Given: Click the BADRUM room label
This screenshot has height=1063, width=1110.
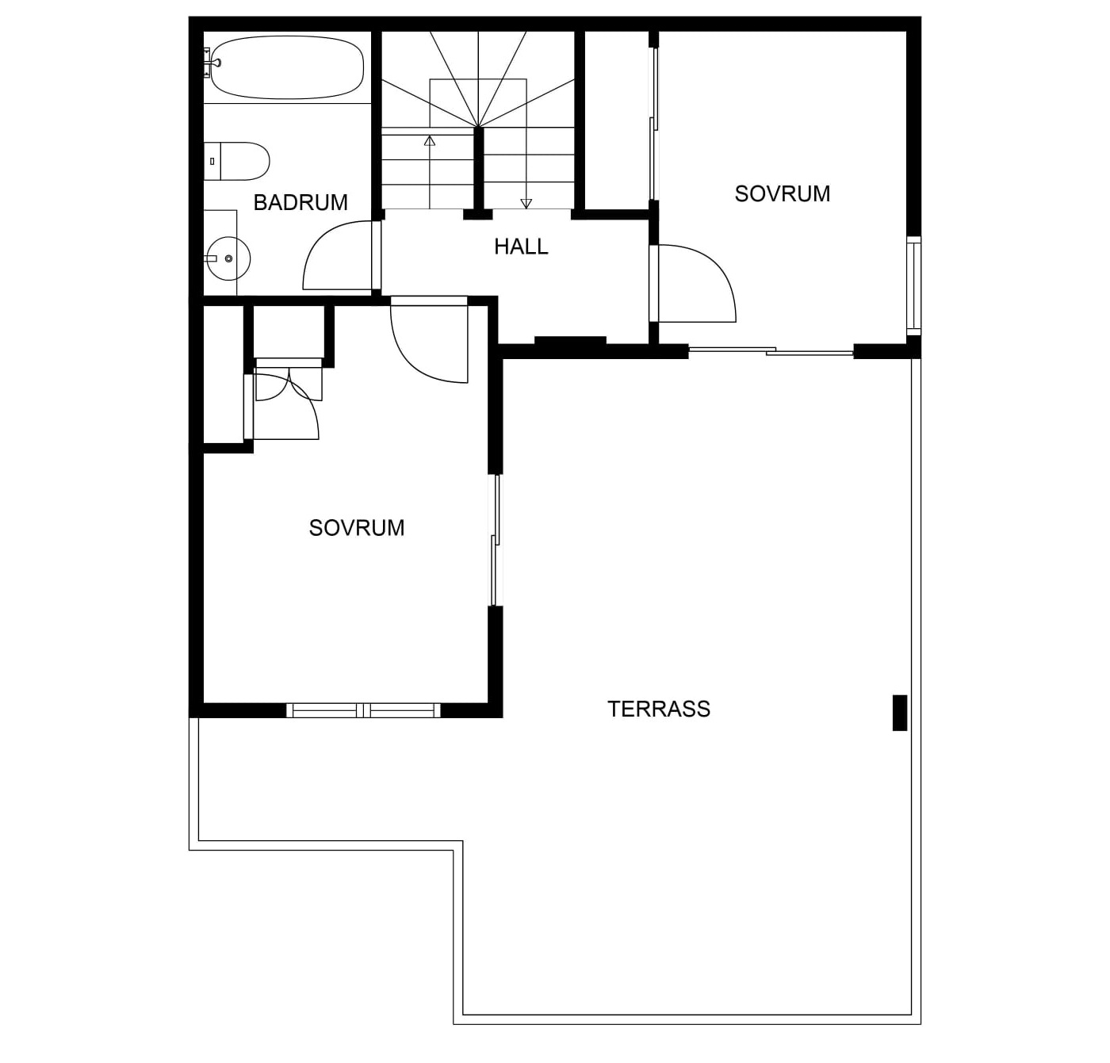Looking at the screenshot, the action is (x=300, y=202).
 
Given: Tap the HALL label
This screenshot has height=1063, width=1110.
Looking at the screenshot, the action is (x=521, y=247).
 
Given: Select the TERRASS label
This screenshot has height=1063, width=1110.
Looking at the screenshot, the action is (x=659, y=709).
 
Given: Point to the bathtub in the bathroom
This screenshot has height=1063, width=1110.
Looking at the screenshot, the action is (x=288, y=67).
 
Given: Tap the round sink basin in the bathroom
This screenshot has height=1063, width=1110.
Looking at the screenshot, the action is (x=228, y=258).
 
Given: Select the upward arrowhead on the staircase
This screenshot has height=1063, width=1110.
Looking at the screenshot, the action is (x=430, y=140).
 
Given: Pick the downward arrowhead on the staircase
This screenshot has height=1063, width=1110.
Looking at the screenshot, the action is (x=526, y=203).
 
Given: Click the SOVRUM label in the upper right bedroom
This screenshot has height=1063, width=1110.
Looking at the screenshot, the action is (x=782, y=194).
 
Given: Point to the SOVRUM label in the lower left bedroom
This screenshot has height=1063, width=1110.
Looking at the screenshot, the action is (x=357, y=528).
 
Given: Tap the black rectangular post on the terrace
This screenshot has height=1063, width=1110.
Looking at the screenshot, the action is (x=900, y=713).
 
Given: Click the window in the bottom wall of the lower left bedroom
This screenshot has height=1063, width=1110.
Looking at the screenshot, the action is (x=363, y=710).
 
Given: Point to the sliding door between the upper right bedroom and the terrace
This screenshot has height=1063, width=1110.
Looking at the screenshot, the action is (x=771, y=351).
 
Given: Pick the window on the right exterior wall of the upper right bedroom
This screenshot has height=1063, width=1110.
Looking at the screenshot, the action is (x=914, y=285).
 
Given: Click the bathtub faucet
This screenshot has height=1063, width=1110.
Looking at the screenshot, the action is (x=212, y=60).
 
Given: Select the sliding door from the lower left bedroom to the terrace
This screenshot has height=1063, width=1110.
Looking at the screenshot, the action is (x=496, y=540).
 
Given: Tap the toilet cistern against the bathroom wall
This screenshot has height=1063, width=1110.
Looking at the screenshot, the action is (x=212, y=162).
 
